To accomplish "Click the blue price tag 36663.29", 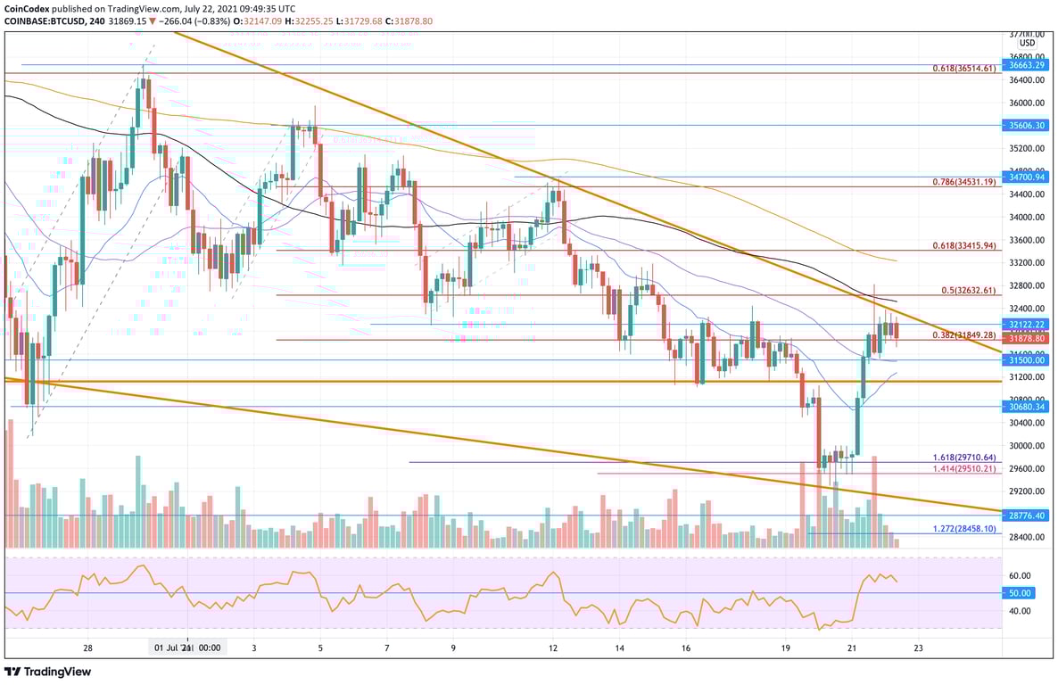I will pos(1026,65).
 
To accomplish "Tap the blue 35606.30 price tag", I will pos(1026,126).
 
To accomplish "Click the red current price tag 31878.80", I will pos(1026,339).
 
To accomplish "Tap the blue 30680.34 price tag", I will pos(1026,407).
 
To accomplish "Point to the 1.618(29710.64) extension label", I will pos(963,458).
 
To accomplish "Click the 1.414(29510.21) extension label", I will pos(963,468).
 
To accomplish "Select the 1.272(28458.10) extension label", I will pos(963,529).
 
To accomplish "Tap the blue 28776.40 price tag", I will pos(1026,516).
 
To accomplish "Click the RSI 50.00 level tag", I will pos(1020,593).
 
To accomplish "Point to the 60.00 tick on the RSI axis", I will pos(1020,576).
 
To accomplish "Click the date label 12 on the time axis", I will pos(553,648).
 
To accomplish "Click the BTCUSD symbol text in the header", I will pos(54,21).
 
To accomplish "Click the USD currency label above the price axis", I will pos(1027,43).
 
